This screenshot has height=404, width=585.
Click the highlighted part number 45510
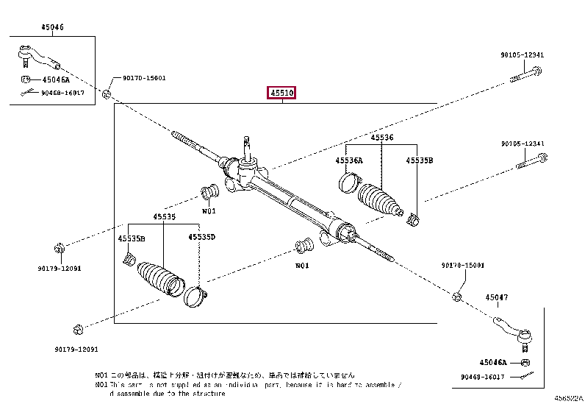[x=281, y=93]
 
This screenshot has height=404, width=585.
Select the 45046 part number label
[x=52, y=27]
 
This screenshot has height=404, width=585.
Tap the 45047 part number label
[x=496, y=297]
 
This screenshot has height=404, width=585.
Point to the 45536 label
[x=381, y=138]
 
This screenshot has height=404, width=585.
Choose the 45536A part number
[x=348, y=160]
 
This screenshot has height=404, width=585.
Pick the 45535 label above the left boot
[x=164, y=217]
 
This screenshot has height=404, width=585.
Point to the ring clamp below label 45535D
[x=195, y=294]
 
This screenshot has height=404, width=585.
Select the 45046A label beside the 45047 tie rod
[x=494, y=362]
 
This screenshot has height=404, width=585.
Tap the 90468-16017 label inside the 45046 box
[x=62, y=93]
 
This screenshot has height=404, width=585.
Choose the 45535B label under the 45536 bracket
[x=420, y=160]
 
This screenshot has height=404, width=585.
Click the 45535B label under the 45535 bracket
[x=132, y=238]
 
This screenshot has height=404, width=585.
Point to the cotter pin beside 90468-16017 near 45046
[x=27, y=92]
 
